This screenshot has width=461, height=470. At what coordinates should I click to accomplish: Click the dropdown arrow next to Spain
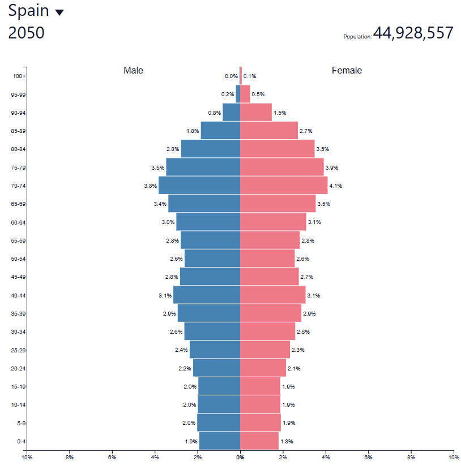pos(59,12)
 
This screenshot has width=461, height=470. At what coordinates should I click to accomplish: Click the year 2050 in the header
pos(26,33)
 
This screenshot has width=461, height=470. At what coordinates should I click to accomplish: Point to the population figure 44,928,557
pos(413,33)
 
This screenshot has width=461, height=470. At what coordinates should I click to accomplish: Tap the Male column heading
pos(133,71)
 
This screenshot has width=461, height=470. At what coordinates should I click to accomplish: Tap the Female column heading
pos(347,71)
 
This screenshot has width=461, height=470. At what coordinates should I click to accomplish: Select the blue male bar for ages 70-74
pos(199,186)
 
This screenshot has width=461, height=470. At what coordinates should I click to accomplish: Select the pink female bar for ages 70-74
pos(284,186)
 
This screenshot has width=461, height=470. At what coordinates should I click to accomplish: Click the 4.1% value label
pos(335,186)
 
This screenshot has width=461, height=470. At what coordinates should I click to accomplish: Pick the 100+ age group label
pos(20,76)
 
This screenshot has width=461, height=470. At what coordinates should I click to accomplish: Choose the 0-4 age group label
pos(21,442)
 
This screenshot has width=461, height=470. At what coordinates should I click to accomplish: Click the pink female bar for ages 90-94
pos(256,113)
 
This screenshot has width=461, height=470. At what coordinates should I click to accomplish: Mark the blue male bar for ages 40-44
pos(207,295)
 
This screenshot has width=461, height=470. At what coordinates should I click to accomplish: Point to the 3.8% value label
pos(150,186)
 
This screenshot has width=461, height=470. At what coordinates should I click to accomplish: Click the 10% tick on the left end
pos(26,457)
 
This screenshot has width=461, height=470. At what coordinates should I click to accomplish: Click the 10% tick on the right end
pos(453,457)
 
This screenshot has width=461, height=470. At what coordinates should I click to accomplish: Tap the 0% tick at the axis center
pos(240,457)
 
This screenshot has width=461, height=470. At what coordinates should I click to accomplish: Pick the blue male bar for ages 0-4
pos(220,441)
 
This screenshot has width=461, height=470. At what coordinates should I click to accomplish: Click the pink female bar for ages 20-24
pos(263,368)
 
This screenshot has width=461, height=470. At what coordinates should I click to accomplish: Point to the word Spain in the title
pos(28,11)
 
